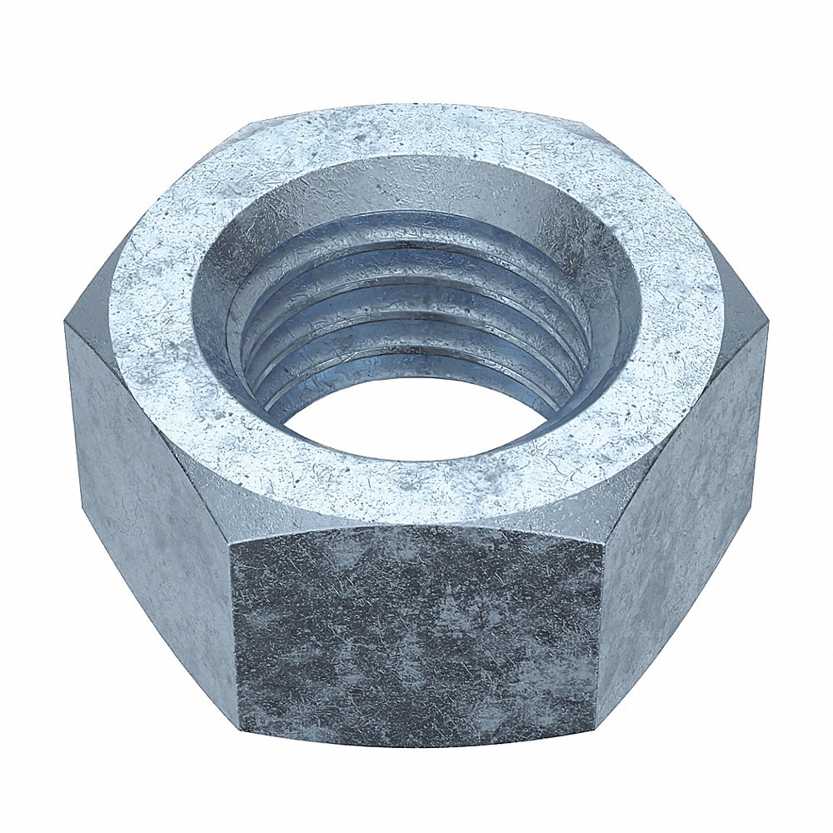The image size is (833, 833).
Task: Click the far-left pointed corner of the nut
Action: [x=65, y=325]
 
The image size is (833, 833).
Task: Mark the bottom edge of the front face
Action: [x=416, y=744]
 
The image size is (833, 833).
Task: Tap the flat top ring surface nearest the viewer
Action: [x=416, y=491]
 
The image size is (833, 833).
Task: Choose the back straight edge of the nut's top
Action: [x=416, y=107]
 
